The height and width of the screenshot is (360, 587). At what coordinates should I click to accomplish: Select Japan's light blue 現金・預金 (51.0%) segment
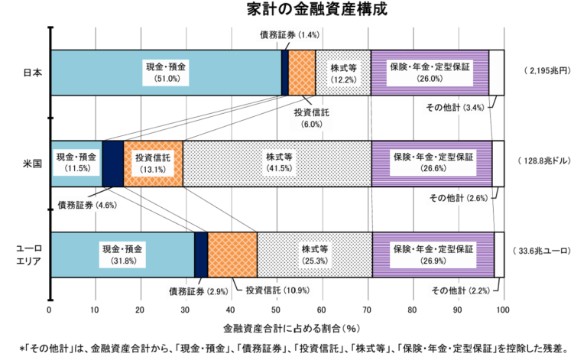point(165,73)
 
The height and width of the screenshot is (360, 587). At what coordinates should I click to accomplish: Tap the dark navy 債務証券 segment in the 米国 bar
point(112,163)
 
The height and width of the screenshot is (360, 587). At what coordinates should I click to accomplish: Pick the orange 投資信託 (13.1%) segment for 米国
point(153,163)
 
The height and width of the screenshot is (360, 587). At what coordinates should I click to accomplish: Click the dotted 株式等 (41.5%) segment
point(277,163)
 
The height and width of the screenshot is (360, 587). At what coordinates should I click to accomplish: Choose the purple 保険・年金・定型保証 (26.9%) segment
point(433,254)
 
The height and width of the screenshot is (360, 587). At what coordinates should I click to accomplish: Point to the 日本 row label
point(33,73)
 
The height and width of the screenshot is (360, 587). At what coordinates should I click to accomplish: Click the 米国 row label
point(33,163)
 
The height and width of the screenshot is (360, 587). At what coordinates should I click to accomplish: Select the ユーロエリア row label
point(29,255)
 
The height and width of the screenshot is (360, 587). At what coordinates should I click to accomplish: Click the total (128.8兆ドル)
point(548,162)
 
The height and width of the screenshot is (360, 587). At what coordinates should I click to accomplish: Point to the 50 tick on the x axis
point(276,310)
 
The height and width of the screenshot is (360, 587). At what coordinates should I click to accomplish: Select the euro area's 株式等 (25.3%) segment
point(314,254)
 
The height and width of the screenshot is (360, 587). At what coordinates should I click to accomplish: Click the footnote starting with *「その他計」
point(294,349)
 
